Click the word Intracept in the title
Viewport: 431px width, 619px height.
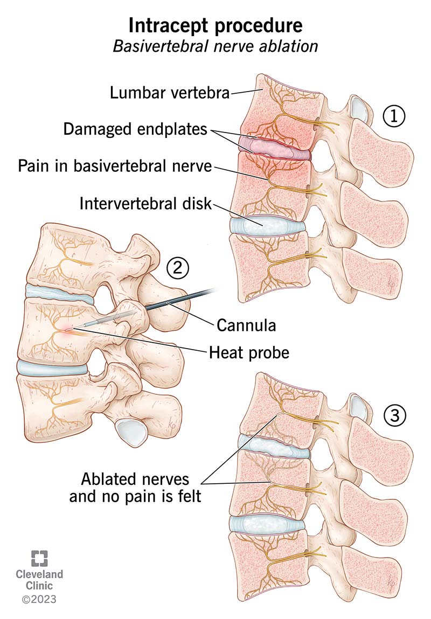pos(168,26)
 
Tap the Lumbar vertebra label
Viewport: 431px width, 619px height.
pos(170,93)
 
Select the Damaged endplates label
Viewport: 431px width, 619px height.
pos(135,129)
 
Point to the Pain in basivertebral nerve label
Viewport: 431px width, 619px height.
pos(115,166)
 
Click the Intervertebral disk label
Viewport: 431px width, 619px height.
pos(145,204)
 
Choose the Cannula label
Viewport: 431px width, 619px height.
pos(246,325)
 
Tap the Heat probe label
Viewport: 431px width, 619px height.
pos(249,352)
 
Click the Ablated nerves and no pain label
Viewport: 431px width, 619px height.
pos(135,488)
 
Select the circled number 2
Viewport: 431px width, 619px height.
pos(177,268)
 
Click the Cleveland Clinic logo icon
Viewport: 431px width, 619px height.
pos(39,558)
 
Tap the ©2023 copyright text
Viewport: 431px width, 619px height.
pos(39,599)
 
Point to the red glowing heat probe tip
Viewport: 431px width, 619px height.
pos(69,329)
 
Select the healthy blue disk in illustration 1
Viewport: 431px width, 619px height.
pos(267,226)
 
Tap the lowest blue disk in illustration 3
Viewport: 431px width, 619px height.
pos(267,524)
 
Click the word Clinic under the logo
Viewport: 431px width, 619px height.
pos(39,586)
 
